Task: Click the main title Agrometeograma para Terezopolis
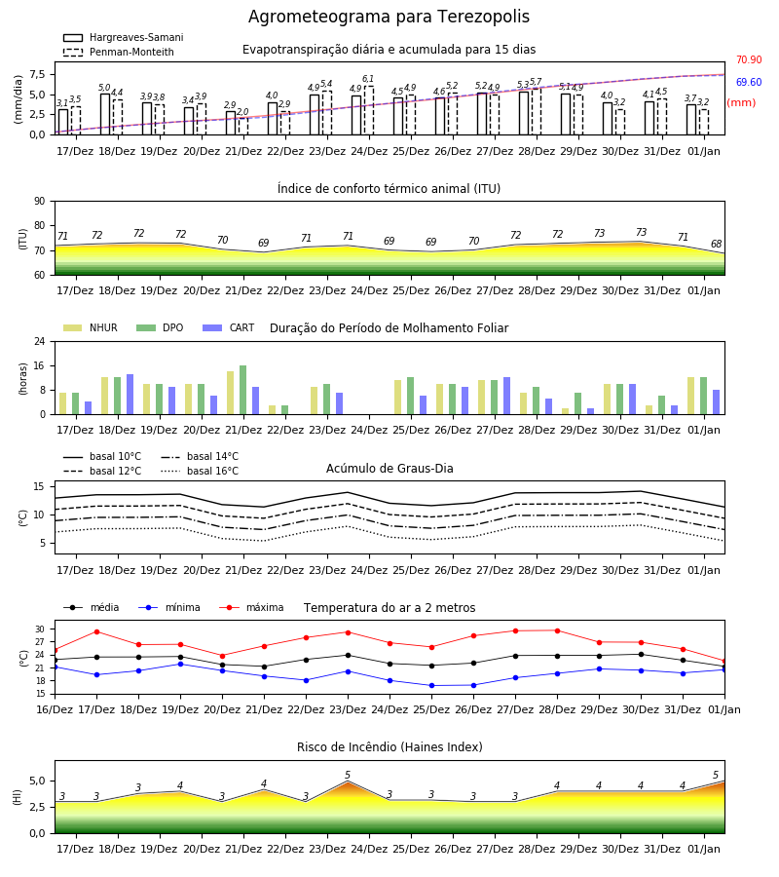389,17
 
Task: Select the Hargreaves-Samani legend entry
124,37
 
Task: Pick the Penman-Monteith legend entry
119,52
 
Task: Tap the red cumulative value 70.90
749,59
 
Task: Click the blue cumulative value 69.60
749,82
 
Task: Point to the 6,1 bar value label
368,79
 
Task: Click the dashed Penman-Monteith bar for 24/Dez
369,110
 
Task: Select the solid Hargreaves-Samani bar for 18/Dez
105,114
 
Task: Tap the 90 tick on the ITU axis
40,202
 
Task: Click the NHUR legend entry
91,327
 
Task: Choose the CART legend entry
229,327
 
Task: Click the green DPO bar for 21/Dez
243,390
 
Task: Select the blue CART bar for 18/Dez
130,395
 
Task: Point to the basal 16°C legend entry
200,471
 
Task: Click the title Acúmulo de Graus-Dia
389,469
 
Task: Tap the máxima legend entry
251,607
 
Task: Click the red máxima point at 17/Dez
96,631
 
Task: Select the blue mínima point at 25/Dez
431,685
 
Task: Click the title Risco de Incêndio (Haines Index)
389,747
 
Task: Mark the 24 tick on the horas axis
40,341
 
